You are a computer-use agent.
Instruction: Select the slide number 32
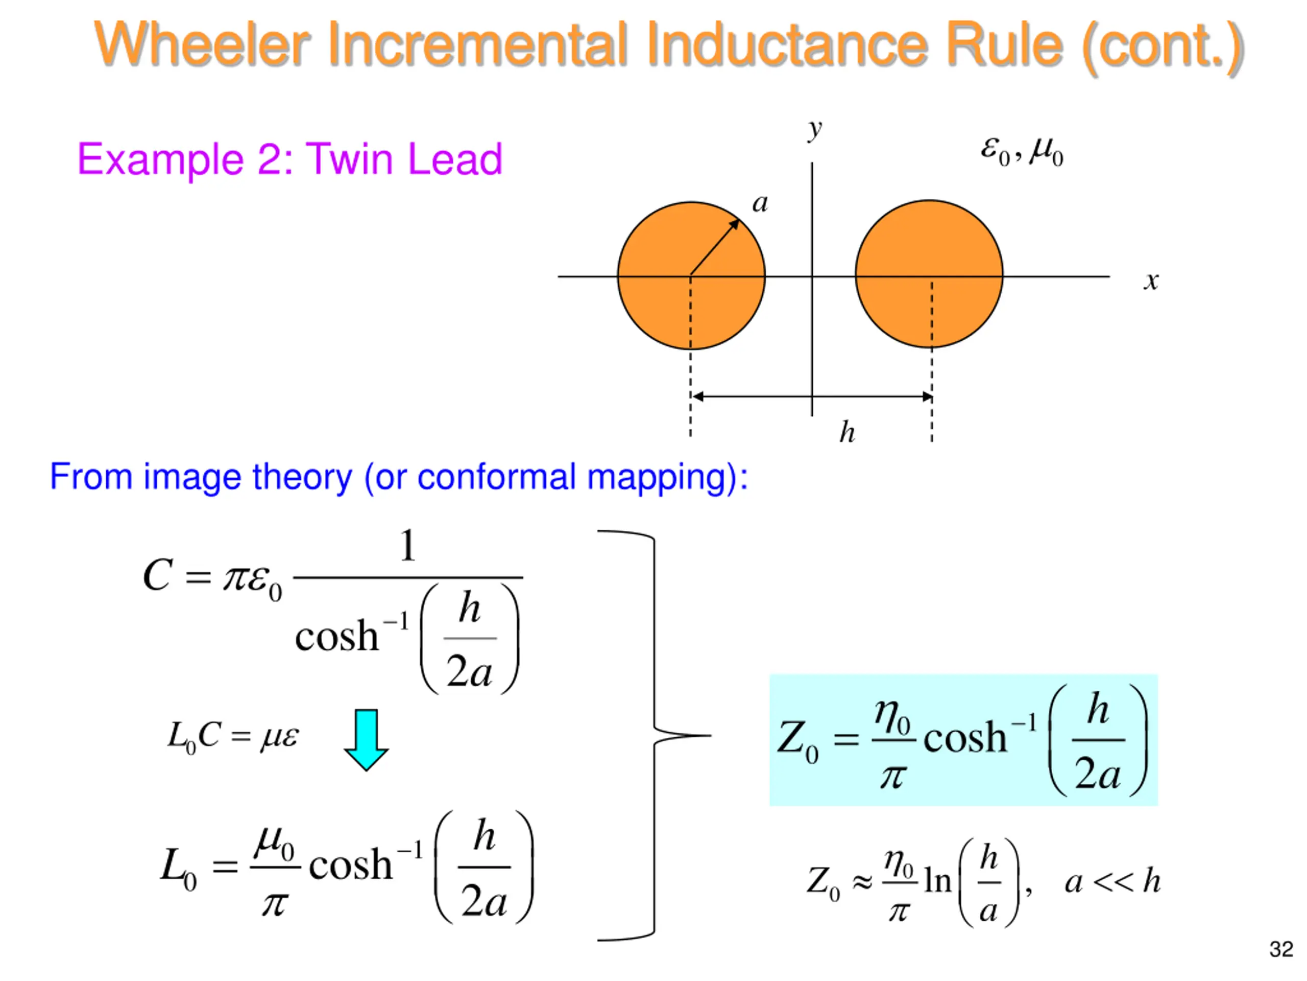pyautogui.click(x=1281, y=949)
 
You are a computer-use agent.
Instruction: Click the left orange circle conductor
pyautogui.click(x=656, y=308)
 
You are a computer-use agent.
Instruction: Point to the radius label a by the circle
pyautogui.click(x=760, y=203)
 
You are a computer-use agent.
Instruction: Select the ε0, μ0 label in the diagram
pyautogui.click(x=1022, y=151)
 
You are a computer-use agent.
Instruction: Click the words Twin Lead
pyautogui.click(x=404, y=159)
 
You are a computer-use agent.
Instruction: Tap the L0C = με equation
pyautogui.click(x=233, y=737)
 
